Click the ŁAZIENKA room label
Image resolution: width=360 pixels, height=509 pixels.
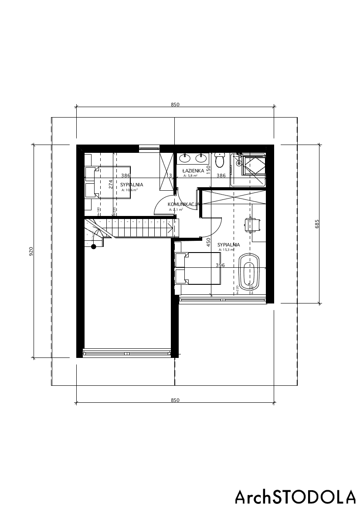(x=193, y=171)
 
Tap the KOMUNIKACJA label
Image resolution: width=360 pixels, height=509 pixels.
(x=183, y=204)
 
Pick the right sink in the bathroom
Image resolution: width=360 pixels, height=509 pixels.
(x=201, y=157)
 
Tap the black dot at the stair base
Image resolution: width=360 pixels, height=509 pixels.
(x=93, y=246)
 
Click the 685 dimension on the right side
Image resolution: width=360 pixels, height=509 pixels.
(x=317, y=223)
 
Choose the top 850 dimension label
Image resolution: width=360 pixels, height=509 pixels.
(x=175, y=104)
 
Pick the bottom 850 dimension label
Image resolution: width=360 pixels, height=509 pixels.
(x=175, y=400)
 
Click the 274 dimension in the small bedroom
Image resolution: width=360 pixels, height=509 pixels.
(x=111, y=184)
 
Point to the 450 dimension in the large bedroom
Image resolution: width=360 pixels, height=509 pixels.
(x=208, y=242)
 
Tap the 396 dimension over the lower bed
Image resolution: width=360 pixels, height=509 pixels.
(x=220, y=265)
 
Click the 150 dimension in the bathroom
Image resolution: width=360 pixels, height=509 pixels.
(x=208, y=170)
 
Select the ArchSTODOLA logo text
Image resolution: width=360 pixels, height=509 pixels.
(x=295, y=496)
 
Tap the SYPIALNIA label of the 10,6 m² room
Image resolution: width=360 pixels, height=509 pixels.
(x=132, y=185)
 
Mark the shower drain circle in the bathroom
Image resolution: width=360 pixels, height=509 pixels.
(x=238, y=163)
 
